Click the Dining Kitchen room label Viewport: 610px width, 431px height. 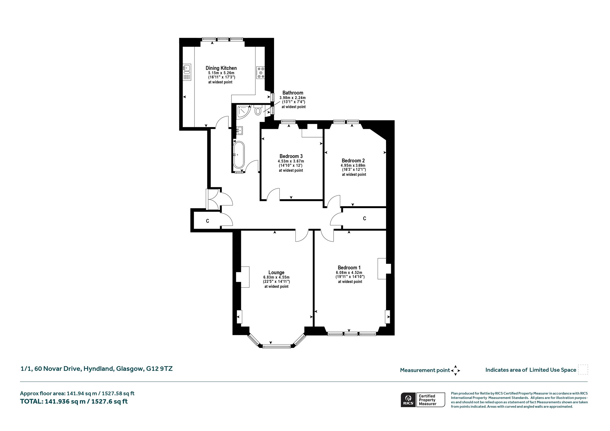pos(221,68)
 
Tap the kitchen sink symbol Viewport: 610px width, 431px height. pos(187,73)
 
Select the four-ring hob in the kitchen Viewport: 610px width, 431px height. pos(260,72)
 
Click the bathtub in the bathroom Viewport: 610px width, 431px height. pos(239,155)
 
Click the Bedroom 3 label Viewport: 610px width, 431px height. pos(291,156)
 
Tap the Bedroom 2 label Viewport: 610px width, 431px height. pos(353,160)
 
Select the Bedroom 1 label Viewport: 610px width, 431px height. pos(349,268)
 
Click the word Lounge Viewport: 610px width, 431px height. pos(276,272)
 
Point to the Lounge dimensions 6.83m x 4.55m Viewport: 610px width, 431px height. pos(276,277)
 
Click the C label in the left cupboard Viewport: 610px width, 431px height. pos(208,221)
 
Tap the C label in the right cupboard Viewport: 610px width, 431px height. pos(365,218)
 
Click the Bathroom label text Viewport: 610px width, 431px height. pos(293,93)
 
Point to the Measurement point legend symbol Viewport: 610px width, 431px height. pos(455,371)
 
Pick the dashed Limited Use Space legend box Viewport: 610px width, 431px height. pos(583,369)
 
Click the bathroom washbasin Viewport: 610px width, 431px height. pos(240,130)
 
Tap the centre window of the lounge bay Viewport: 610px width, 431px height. pos(276,346)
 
